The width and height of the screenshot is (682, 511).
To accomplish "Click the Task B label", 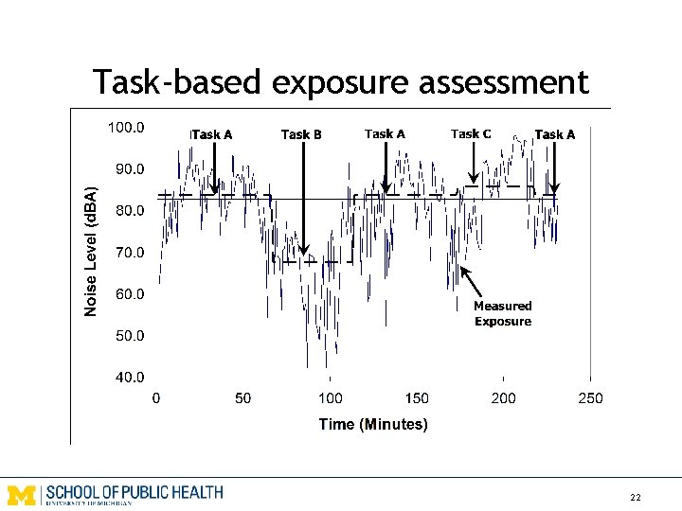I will click(x=301, y=134).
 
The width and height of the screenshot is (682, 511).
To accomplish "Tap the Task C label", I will click(x=470, y=133).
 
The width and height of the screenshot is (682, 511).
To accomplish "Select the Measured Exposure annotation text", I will click(x=503, y=313).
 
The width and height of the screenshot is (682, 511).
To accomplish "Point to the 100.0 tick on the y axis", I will click(x=125, y=128).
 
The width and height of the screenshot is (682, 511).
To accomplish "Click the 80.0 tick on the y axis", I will click(x=129, y=211).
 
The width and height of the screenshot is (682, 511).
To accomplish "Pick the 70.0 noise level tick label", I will click(x=129, y=253).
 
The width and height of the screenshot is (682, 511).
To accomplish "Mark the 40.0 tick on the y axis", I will click(x=129, y=377).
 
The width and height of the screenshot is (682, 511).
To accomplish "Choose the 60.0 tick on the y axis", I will click(x=129, y=294).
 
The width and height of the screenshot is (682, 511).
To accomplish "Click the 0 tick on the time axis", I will click(x=156, y=398).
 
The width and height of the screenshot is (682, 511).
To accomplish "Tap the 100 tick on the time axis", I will click(x=330, y=398).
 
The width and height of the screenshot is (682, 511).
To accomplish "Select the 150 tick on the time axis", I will click(x=417, y=398).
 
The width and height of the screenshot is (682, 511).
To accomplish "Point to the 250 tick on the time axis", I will click(x=590, y=398).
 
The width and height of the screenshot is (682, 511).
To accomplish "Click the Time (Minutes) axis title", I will click(x=373, y=424).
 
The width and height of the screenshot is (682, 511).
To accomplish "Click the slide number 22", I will click(x=635, y=498).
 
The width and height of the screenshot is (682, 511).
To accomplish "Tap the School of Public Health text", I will click(x=134, y=493).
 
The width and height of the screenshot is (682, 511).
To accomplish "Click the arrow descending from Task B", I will click(x=302, y=199).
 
